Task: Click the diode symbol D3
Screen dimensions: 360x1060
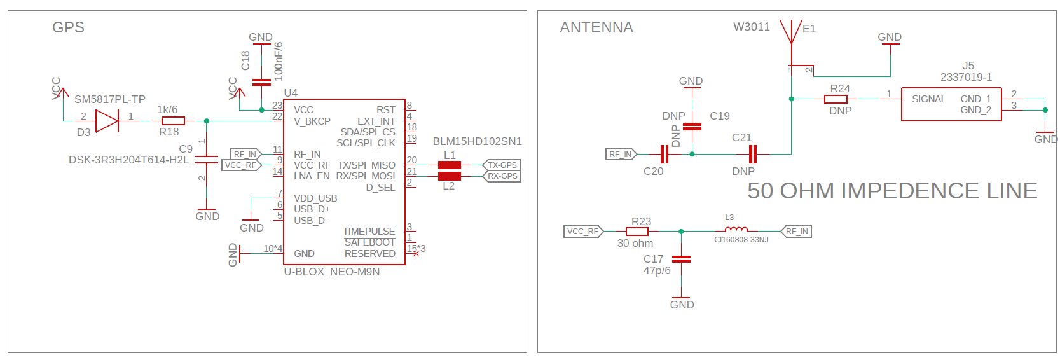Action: tap(107, 121)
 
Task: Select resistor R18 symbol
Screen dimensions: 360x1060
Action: tap(173, 121)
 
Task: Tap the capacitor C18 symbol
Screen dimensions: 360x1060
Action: tap(261, 82)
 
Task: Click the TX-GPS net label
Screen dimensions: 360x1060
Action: tap(502, 165)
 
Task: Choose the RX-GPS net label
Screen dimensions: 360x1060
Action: tap(502, 176)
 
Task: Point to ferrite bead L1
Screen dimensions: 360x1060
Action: tap(450, 165)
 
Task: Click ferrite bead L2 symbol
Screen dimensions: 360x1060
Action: tap(450, 176)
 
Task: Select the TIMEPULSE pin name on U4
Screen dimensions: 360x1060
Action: tap(369, 232)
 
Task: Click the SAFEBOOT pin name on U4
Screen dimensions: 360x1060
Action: tap(369, 242)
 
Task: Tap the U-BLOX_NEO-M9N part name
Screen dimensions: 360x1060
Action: tap(331, 272)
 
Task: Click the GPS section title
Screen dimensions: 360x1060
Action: tap(68, 27)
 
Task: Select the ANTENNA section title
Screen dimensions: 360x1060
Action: tap(596, 27)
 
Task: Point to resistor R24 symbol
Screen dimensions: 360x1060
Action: tap(836, 99)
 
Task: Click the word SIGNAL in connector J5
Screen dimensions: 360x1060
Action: tap(928, 99)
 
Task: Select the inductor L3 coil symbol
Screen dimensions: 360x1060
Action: tap(736, 230)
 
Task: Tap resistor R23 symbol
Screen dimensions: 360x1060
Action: tap(637, 232)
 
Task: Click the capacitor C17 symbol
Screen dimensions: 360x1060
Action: tap(681, 260)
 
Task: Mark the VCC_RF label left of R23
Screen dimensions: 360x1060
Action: tap(583, 232)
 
